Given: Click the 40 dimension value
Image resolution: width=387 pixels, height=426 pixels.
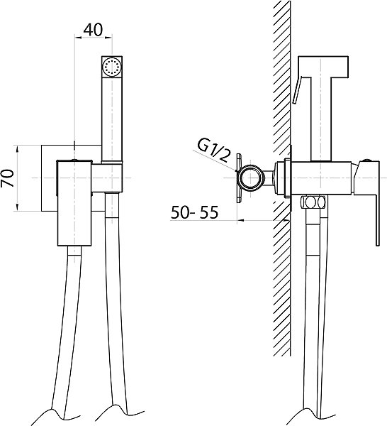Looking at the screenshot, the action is click(x=93, y=30).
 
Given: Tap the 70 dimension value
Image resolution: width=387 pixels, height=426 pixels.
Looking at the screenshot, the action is click(x=7, y=178).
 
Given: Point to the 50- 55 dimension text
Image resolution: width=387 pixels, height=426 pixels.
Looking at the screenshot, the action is click(x=194, y=212).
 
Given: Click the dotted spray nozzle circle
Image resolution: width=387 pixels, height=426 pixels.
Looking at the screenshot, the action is click(x=112, y=66).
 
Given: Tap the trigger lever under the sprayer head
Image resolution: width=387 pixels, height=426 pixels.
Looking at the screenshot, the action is click(x=297, y=90).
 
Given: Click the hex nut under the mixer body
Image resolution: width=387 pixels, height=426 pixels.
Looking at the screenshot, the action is click(x=313, y=202).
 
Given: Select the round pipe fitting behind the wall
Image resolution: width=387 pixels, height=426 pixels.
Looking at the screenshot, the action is click(x=251, y=178).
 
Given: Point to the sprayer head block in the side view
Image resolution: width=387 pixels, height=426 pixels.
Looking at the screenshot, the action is click(x=323, y=67).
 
